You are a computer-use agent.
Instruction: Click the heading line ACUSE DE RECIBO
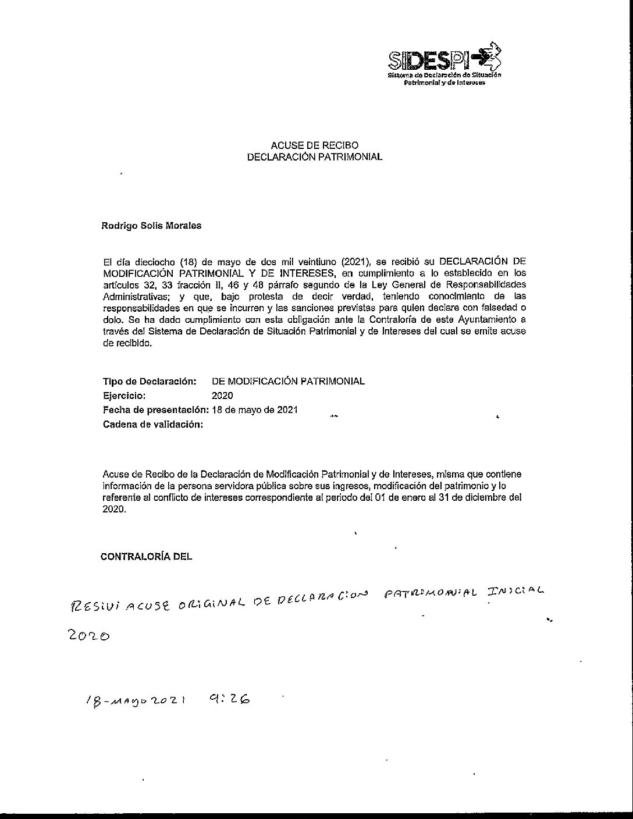click(x=314, y=145)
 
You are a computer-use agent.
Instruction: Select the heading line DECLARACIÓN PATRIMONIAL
click(x=314, y=157)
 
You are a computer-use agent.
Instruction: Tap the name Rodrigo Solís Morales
click(x=152, y=226)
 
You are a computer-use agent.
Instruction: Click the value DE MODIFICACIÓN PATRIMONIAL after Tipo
click(x=289, y=382)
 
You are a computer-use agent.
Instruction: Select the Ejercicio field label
click(x=123, y=396)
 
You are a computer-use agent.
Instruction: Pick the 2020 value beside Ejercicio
click(x=222, y=396)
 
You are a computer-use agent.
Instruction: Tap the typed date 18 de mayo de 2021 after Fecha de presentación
click(x=255, y=409)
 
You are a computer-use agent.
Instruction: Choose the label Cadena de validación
click(x=153, y=424)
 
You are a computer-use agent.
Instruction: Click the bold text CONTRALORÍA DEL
click(x=146, y=556)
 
